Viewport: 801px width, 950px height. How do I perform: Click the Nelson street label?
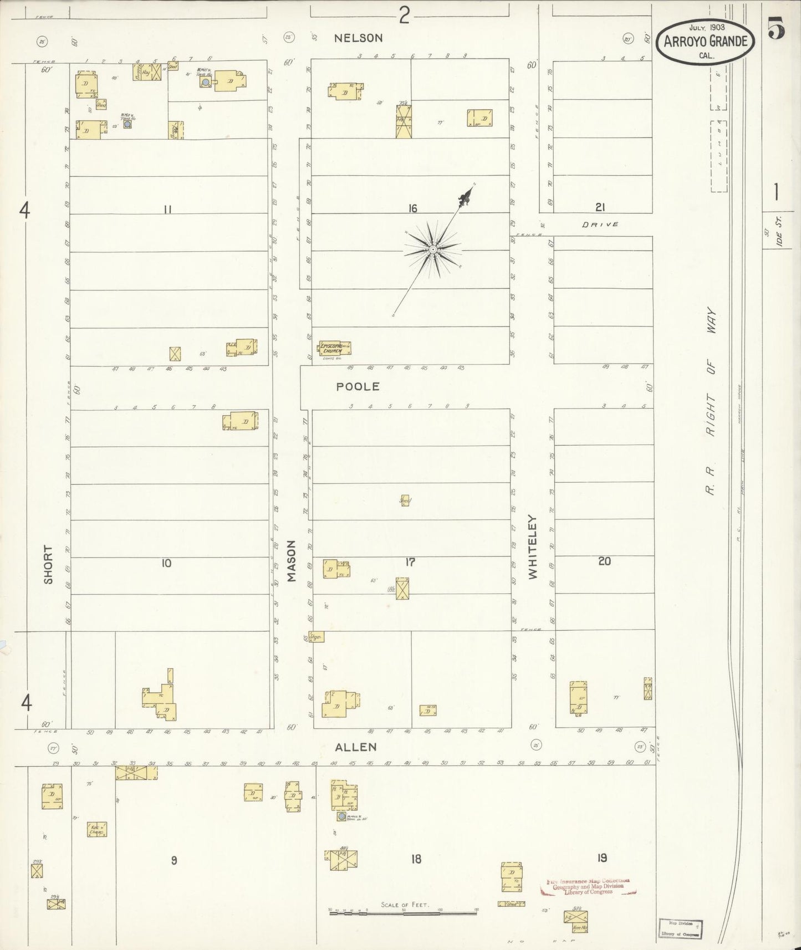pyautogui.click(x=358, y=38)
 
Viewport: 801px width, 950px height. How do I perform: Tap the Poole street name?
pyautogui.click(x=358, y=386)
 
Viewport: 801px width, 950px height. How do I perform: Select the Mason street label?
pyautogui.click(x=292, y=561)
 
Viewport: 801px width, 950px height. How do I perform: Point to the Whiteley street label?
pyautogui.click(x=533, y=548)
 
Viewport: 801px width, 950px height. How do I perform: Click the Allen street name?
pyautogui.click(x=356, y=747)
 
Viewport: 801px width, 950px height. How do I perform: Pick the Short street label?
pyautogui.click(x=49, y=564)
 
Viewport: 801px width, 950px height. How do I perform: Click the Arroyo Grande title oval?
pyautogui.click(x=705, y=42)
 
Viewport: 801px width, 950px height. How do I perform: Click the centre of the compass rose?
pyautogui.click(x=432, y=250)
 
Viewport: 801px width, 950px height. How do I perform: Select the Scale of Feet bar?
pyautogui.click(x=403, y=910)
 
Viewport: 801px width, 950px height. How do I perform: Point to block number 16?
pyautogui.click(x=412, y=208)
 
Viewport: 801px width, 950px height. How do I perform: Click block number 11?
pyautogui.click(x=167, y=209)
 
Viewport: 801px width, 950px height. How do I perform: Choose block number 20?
pyautogui.click(x=604, y=561)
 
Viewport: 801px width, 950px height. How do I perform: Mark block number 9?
pyautogui.click(x=174, y=860)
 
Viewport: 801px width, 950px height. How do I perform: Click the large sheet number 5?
pyautogui.click(x=777, y=29)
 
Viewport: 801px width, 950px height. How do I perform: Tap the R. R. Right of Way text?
pyautogui.click(x=711, y=402)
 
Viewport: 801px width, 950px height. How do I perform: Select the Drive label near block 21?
pyautogui.click(x=600, y=224)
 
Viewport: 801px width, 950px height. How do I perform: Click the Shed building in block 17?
pyautogui.click(x=406, y=500)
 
